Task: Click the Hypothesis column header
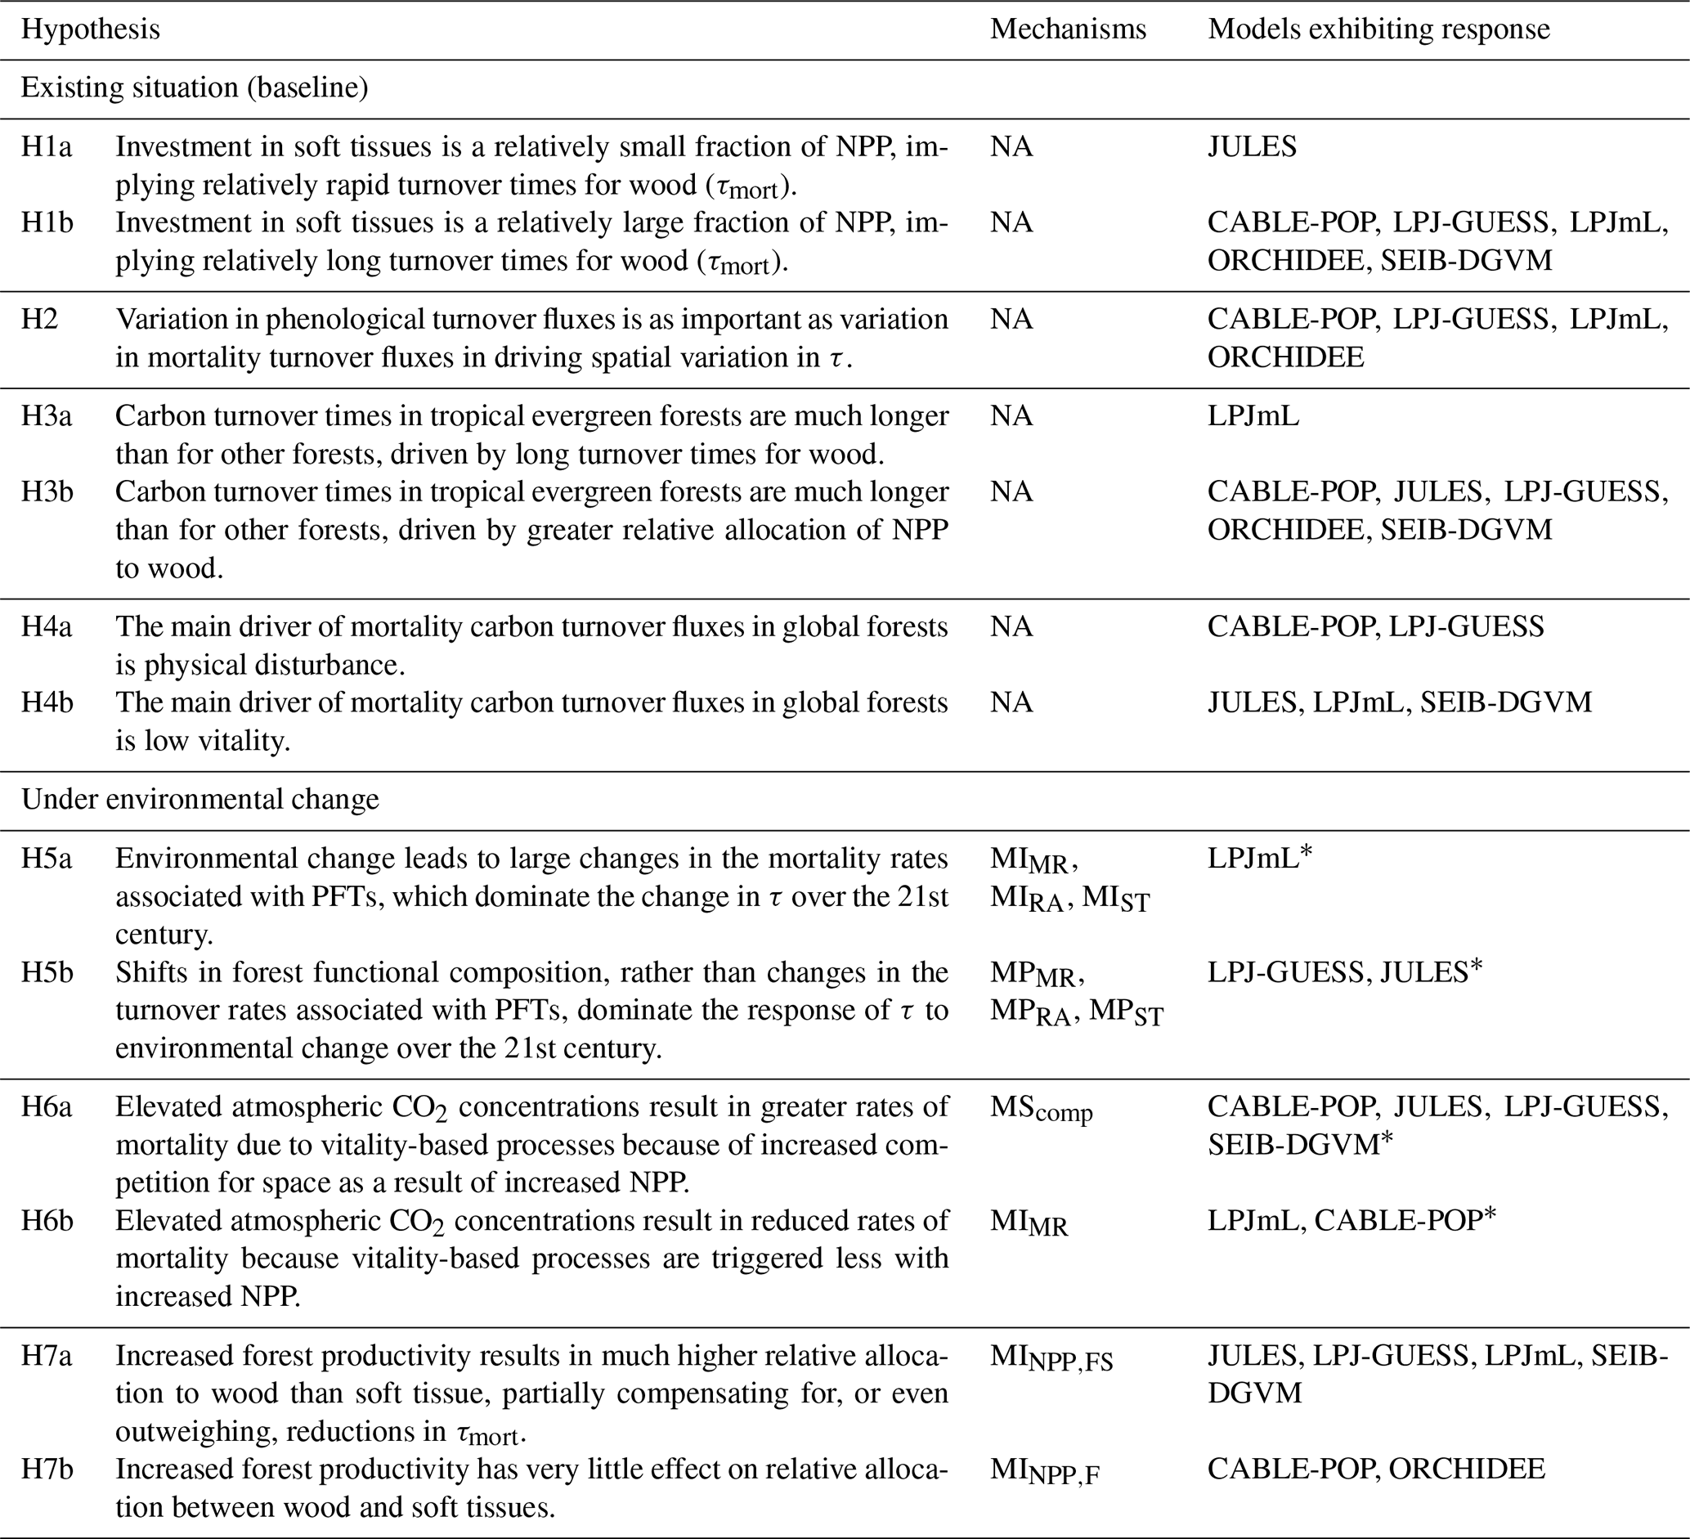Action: [91, 30]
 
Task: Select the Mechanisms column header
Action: [1067, 30]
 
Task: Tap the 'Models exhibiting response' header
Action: [1378, 30]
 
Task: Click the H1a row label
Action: [47, 147]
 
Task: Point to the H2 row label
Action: [39, 320]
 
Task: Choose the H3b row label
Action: [47, 492]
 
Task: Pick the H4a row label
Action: [47, 627]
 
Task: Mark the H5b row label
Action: [47, 972]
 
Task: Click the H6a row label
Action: [47, 1107]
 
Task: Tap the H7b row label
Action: [47, 1469]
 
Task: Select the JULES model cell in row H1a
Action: [1252, 147]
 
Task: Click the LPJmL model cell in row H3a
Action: [1253, 415]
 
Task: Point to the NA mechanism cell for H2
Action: [1011, 320]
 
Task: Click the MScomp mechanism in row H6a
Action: [1041, 1109]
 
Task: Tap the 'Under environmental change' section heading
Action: [200, 800]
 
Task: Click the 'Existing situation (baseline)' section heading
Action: [195, 88]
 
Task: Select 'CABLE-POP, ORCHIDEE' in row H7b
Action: [1376, 1469]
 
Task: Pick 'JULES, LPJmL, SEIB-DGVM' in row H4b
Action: [1399, 702]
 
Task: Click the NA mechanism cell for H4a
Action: [1011, 627]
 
